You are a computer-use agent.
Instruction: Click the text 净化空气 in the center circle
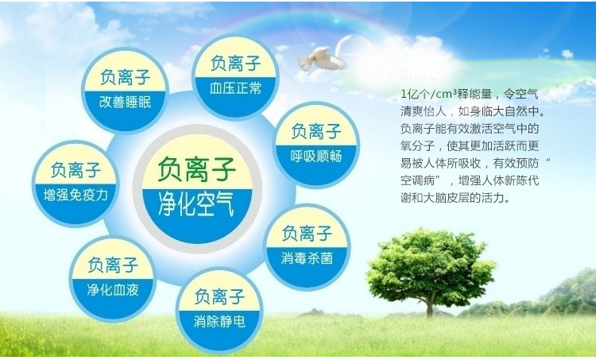click(195, 203)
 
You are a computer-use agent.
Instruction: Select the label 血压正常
click(236, 88)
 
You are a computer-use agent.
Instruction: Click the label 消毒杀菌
click(307, 259)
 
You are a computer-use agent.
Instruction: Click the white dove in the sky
click(321, 59)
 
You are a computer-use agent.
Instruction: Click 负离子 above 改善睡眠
click(125, 77)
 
